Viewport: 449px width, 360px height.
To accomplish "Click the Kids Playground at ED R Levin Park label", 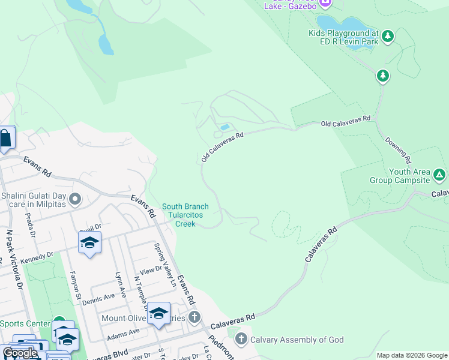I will pos(344,38).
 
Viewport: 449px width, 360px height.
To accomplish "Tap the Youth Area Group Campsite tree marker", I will pos(439,175).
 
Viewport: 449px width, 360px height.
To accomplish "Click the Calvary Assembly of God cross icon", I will pos(241,340).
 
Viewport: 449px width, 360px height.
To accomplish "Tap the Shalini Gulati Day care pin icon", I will pos(75,199).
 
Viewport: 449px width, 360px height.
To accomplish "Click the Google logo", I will pos(19,353).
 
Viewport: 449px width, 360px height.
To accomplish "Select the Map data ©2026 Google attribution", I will pos(411,355).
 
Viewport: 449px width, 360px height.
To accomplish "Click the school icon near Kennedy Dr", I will pos(89,242).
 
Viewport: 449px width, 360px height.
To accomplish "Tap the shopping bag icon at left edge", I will pos(5,139).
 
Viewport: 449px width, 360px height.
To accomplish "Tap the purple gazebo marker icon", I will pos(325,3).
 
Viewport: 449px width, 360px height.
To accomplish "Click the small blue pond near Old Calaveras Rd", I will pos(224,127).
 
